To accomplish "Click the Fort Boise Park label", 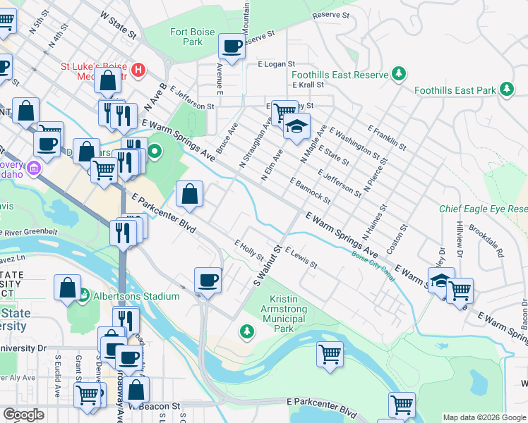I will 186,37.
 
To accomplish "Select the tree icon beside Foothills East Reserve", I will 399,74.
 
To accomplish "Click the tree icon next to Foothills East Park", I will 506,90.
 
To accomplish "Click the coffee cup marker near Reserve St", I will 232,47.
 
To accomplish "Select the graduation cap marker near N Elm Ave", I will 297,127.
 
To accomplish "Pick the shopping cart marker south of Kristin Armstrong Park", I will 330,354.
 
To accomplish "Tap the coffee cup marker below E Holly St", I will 208,281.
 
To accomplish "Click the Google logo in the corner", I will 24,415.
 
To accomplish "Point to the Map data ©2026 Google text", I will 484,417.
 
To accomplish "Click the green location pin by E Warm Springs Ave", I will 155,151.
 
